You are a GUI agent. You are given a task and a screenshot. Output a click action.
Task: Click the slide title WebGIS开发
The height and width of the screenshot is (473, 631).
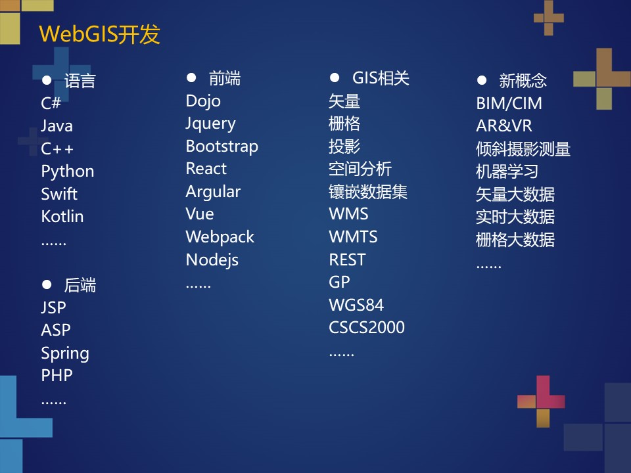coord(99,34)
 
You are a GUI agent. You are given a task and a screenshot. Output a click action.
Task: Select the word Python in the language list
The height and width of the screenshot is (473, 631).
coord(68,171)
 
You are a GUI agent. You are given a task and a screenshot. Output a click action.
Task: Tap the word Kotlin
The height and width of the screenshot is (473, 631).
coord(62,217)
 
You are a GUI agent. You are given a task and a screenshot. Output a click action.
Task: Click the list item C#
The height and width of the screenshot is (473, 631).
coord(51,104)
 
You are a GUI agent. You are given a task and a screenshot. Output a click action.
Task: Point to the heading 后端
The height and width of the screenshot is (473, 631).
coord(80,286)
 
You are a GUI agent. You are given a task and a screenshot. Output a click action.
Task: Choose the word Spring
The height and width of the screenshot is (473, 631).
coord(65,353)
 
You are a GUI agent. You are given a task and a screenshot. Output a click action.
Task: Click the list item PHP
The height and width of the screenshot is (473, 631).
coord(57,376)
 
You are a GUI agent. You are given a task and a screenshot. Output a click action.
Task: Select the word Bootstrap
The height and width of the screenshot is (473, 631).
coord(222,146)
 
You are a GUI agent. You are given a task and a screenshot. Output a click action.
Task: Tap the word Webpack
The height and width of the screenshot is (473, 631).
coord(220,237)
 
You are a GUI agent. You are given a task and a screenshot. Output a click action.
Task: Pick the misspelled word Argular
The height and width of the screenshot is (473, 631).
coord(213,192)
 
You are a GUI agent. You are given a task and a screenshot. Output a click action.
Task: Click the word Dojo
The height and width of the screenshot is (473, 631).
coord(203,101)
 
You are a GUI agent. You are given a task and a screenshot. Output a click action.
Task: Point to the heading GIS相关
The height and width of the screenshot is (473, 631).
coord(381,79)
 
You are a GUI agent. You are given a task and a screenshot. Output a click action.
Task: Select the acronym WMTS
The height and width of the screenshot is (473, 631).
coord(353,237)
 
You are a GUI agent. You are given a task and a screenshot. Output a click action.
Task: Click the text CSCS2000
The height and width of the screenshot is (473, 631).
coord(367,328)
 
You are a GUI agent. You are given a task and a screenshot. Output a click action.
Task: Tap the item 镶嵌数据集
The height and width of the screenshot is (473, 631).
coord(368,192)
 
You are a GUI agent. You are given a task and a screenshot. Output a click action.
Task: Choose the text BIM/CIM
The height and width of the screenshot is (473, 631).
coord(509,104)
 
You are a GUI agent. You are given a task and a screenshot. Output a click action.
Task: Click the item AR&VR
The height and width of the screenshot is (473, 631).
coord(503,126)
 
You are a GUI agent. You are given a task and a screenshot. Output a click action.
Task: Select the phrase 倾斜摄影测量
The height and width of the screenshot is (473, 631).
coord(523,149)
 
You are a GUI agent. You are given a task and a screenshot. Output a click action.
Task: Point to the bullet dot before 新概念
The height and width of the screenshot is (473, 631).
coord(482,80)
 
